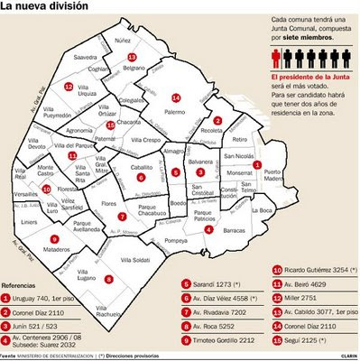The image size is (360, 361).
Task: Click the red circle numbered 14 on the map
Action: click(x=176, y=97)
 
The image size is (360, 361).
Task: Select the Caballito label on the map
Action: click(x=140, y=167)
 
